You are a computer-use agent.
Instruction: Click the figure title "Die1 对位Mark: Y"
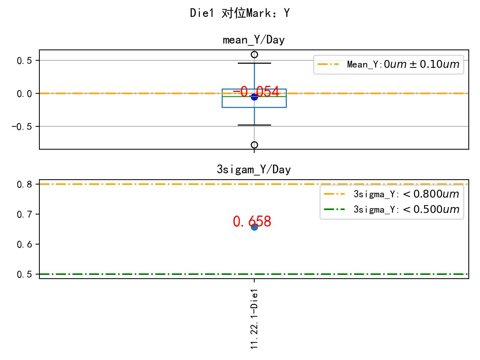240,13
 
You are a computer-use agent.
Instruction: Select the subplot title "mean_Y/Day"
253,40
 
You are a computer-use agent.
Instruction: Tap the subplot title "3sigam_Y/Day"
253,170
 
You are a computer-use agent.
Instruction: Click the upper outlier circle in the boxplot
254,54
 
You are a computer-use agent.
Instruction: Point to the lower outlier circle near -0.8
254,145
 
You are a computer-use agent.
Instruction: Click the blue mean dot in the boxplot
254,97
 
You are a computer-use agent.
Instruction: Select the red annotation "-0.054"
256,91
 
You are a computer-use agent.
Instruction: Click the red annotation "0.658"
252,222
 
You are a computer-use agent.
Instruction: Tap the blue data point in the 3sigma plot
254,227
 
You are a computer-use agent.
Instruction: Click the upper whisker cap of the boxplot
254,63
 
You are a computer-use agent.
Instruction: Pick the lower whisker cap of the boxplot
254,125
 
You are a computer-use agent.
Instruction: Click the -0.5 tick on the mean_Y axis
23,127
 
